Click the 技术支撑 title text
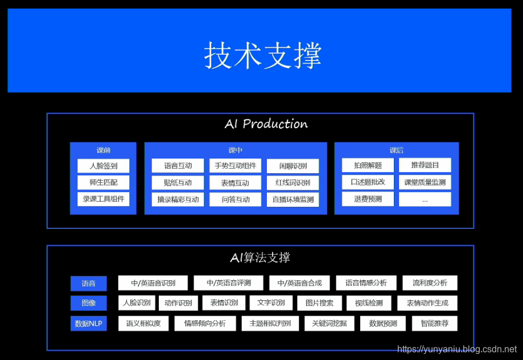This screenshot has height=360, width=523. tap(262, 55)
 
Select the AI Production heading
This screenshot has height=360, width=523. tap(266, 124)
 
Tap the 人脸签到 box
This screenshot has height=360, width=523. tap(103, 166)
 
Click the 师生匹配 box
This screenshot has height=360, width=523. tap(103, 183)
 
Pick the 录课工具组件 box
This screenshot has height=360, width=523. tap(103, 199)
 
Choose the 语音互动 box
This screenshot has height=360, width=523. tap(178, 166)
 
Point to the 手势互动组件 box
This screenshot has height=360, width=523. tap(235, 166)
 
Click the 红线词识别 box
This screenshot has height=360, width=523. tap(293, 183)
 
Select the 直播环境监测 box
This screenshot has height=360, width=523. tap(293, 199)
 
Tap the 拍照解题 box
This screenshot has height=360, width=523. tap(368, 165)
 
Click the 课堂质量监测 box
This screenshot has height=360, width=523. tap(425, 182)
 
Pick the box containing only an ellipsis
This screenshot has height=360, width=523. tap(425, 199)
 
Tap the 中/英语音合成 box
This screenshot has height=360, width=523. tap(299, 283)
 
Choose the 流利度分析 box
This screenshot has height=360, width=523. tap(430, 283)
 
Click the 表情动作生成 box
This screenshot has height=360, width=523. tap(427, 303)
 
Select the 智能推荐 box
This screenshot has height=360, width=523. tap(434, 324)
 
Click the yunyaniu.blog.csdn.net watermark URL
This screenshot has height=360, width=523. tap(457, 349)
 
